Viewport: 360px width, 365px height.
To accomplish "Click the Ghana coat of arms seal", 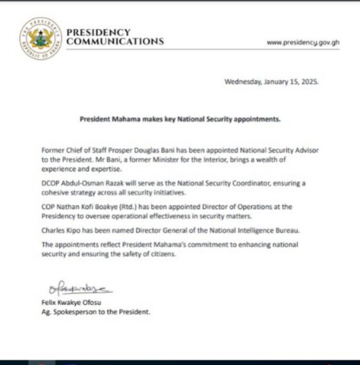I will [40, 38].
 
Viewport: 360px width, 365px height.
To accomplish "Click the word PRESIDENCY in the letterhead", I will [98, 33].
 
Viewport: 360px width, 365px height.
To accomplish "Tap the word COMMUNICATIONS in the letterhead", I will [115, 42].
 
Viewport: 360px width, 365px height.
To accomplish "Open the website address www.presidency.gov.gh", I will [302, 42].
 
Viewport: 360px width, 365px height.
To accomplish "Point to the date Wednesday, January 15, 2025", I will [271, 82].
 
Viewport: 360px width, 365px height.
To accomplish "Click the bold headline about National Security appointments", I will [180, 119].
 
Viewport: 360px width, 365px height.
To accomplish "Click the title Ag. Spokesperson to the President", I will [96, 312].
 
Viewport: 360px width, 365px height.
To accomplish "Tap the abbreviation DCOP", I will [51, 183].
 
